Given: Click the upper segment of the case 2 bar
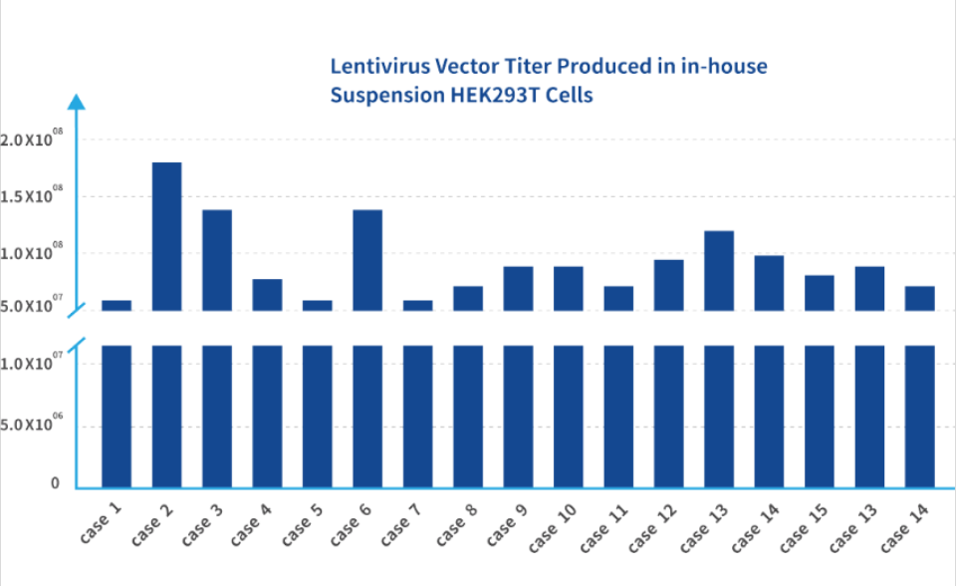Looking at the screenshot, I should click(166, 236).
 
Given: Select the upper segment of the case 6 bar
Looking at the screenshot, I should click(367, 260).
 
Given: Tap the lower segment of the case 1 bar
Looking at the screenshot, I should click(117, 417).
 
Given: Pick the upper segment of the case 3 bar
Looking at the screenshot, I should click(217, 260).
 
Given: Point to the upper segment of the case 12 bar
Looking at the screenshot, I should click(669, 285).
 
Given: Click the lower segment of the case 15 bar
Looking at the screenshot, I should click(820, 417).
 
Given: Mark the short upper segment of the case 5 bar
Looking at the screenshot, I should click(318, 305).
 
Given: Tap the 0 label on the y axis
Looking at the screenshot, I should click(56, 483).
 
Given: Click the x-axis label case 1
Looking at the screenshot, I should click(102, 521).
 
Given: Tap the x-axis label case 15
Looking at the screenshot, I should click(803, 524).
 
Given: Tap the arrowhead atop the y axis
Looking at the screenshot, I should click(78, 102).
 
